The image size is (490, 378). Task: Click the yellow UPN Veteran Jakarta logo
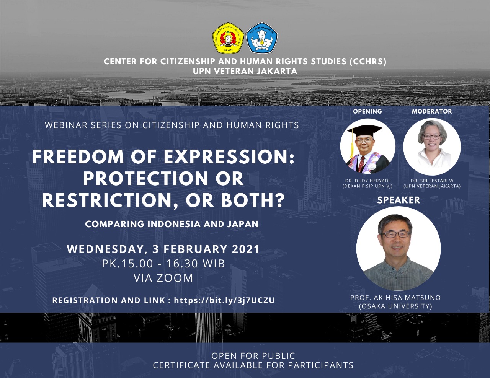tap(228, 38)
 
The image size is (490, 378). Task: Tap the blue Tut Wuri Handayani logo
tap(262, 38)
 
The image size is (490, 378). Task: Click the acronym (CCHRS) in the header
tap(368, 62)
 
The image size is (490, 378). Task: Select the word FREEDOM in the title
tap(78, 157)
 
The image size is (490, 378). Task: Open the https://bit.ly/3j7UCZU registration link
tap(224, 300)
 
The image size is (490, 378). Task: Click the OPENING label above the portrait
tap(367, 111)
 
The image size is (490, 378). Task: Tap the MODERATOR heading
tap(432, 111)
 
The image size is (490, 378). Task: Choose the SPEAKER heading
tap(399, 200)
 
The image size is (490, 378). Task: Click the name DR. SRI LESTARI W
tap(432, 181)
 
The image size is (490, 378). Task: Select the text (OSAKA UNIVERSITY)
tap(395, 306)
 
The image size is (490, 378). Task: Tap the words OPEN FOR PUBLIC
tap(253, 356)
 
